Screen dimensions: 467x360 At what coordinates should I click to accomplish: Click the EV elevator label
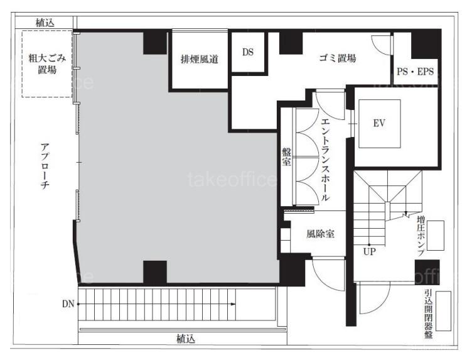pos(379,123)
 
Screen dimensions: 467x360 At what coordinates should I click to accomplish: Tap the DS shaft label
pos(248,52)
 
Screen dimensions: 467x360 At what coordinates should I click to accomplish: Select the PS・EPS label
pos(415,72)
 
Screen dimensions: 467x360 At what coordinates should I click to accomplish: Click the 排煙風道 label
pos(200,59)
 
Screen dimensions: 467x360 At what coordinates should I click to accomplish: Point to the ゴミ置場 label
pos(338,58)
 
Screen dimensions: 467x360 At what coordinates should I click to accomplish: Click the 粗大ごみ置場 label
pos(47,64)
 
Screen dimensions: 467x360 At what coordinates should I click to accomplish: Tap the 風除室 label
pos(320,234)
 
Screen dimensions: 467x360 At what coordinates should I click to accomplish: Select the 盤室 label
pos(286,157)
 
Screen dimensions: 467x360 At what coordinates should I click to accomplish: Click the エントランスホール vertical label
pos(326,160)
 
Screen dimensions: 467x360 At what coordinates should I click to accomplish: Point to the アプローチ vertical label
pos(45,166)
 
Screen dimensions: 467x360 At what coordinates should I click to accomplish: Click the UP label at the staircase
pos(369,252)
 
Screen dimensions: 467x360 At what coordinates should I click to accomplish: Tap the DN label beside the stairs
pos(68,304)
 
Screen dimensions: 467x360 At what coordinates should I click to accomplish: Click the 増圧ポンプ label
pos(421,236)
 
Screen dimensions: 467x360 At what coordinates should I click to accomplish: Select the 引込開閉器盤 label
pos(429,314)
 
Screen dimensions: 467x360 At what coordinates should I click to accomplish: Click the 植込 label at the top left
pos(45,23)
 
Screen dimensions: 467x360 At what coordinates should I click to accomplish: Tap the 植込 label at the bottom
pos(186,339)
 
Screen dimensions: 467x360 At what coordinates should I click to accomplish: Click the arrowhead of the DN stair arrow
pos(233,304)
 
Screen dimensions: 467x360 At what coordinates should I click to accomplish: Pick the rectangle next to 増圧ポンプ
pos(436,236)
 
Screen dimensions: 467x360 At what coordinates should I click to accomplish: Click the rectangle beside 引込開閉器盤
pos(443,311)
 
